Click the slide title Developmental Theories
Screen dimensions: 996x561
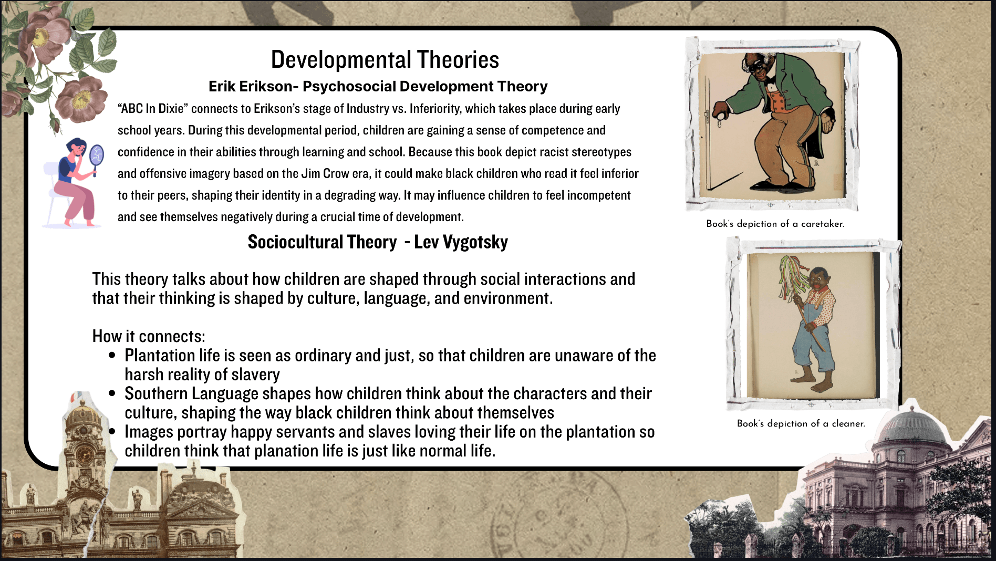coord(385,59)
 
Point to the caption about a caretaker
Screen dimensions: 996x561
coord(775,224)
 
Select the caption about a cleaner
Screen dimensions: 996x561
coord(801,423)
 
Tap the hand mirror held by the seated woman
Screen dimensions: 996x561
coord(97,157)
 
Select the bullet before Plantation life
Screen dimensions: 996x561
coord(112,356)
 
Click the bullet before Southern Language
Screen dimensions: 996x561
coord(112,393)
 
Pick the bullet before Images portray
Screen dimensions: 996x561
coord(112,431)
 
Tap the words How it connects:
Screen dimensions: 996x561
coord(149,336)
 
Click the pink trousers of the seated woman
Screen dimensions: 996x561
coord(80,200)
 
